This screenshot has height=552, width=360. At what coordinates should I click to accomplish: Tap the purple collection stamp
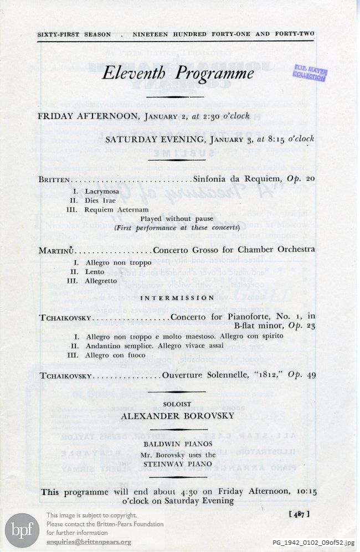tap(310, 73)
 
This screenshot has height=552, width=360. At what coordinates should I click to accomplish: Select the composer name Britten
tap(55, 180)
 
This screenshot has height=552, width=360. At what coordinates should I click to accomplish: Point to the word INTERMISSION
tap(176, 298)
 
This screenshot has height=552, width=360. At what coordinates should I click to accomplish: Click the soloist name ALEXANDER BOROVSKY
tap(177, 415)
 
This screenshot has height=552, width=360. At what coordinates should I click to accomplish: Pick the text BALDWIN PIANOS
tap(177, 445)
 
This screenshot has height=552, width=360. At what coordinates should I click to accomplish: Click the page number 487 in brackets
tap(299, 513)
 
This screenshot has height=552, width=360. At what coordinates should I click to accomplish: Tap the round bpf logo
tap(22, 527)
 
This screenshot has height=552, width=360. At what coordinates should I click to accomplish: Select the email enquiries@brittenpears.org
tap(89, 542)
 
